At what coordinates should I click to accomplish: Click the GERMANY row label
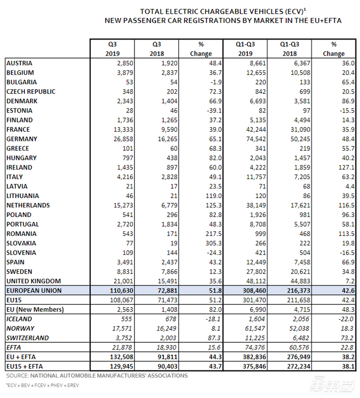point(22,139)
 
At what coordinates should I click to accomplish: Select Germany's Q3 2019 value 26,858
point(123,139)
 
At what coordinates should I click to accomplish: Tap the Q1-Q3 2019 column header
point(245,49)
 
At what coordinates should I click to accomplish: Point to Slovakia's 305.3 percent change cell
point(214,243)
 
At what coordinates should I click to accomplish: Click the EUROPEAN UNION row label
point(34,291)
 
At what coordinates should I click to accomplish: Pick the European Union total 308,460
point(254,291)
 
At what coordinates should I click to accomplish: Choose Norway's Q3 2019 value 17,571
point(122,329)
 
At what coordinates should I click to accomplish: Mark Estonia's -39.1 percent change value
point(214,111)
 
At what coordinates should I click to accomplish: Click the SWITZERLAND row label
point(27,338)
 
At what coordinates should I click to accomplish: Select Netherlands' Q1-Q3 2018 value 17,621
point(301,205)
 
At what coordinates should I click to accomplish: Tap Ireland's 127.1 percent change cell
point(346,167)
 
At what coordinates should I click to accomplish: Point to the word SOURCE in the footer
point(17,375)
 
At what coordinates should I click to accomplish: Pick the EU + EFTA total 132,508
point(121,357)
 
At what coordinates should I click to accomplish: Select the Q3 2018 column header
point(157,49)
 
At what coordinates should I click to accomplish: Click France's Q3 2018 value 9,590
point(169,130)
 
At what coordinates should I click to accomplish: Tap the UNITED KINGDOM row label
point(34,281)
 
